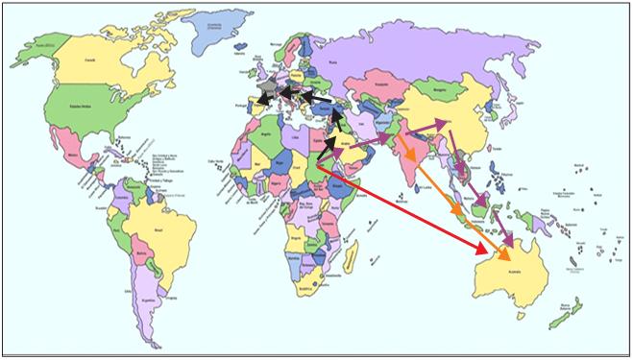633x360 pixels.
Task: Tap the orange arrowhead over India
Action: [x=411, y=157]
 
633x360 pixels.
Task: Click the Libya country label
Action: [x=295, y=139]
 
